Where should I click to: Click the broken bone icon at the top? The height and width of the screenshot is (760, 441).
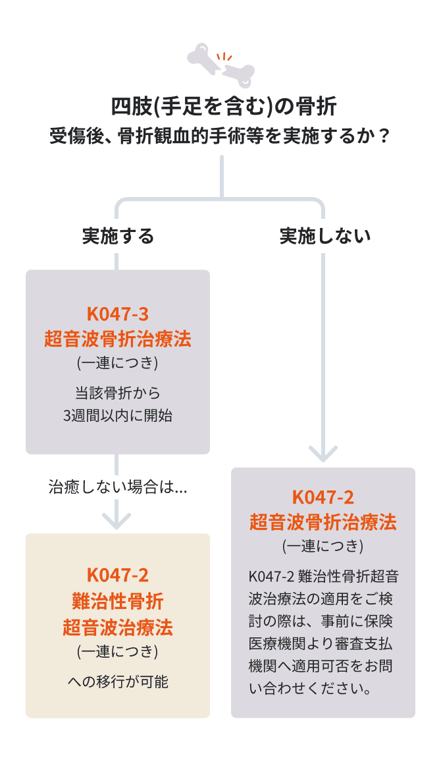click(x=220, y=66)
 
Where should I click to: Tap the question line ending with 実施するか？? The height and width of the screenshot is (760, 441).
click(x=220, y=137)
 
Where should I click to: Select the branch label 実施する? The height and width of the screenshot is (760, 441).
click(x=118, y=236)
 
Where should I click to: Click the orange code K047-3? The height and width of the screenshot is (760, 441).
click(x=118, y=313)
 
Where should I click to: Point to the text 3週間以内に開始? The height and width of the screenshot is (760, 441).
click(x=118, y=416)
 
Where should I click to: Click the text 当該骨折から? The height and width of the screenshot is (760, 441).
click(x=118, y=393)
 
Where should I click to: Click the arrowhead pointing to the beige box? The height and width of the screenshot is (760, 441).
click(x=118, y=521)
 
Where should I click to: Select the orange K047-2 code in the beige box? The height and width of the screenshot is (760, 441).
click(x=118, y=575)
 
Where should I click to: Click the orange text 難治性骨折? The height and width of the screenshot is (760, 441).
click(x=118, y=601)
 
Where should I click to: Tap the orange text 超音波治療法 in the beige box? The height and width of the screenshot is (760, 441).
click(x=118, y=627)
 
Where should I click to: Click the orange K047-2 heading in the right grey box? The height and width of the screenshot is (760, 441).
click(x=323, y=497)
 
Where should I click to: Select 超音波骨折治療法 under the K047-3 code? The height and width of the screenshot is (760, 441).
click(x=118, y=339)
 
